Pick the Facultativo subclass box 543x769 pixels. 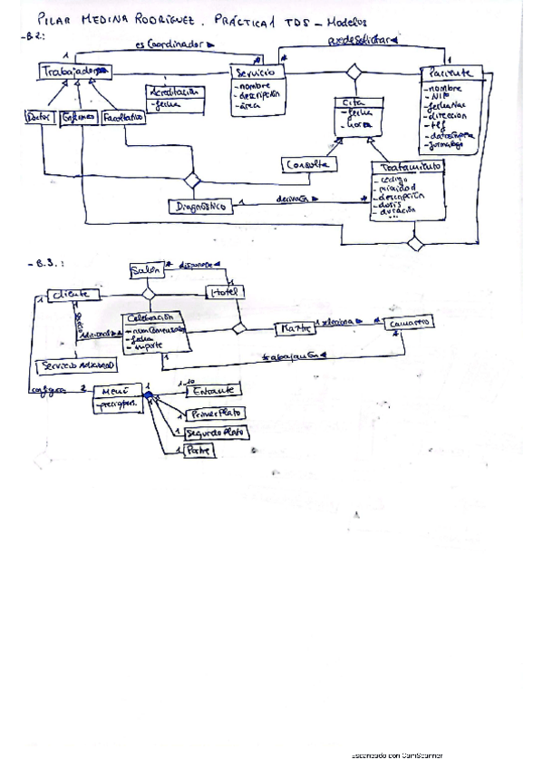(x=123, y=117)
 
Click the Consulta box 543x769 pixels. (x=309, y=165)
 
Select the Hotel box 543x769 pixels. (x=223, y=293)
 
